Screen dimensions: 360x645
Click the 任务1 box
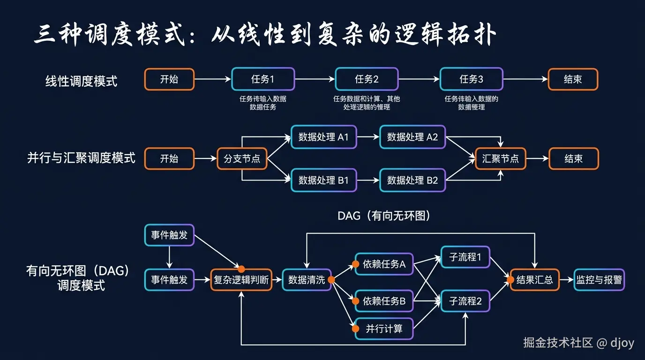click(263, 79)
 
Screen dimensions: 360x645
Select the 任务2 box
click(367, 79)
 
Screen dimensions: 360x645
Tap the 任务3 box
click(471, 79)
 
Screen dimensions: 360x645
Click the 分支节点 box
click(242, 158)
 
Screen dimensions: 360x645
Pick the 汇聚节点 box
click(500, 158)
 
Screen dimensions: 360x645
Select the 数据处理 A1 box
click(323, 137)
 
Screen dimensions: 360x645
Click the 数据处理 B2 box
click(412, 180)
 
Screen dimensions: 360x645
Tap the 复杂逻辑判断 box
click(241, 280)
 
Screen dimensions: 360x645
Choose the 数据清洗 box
click(307, 280)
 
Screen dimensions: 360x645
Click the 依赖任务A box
click(384, 264)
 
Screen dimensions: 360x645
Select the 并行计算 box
click(384, 329)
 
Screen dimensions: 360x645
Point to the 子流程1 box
click(465, 257)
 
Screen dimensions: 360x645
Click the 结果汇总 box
click(534, 280)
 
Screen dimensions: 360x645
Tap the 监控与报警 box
click(599, 280)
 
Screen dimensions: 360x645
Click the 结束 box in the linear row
click(573, 79)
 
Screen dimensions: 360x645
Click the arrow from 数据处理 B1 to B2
click(368, 180)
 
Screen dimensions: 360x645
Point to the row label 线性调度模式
click(81, 81)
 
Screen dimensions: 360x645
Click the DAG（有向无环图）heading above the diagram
click(384, 216)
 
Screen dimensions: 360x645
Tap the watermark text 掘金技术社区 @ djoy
click(578, 343)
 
